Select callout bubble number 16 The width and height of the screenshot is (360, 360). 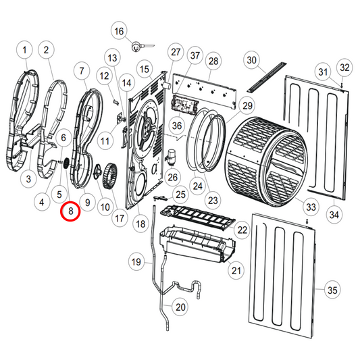[119, 32]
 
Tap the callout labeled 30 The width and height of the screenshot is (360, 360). [251, 61]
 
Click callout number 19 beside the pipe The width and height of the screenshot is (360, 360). [136, 262]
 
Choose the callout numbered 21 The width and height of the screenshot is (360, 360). [236, 272]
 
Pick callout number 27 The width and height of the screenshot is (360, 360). [176, 53]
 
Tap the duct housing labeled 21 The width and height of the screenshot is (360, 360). [196, 247]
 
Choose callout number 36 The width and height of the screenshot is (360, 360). [177, 126]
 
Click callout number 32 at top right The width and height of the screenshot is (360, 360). [344, 68]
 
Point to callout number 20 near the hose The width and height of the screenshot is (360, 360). [180, 307]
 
